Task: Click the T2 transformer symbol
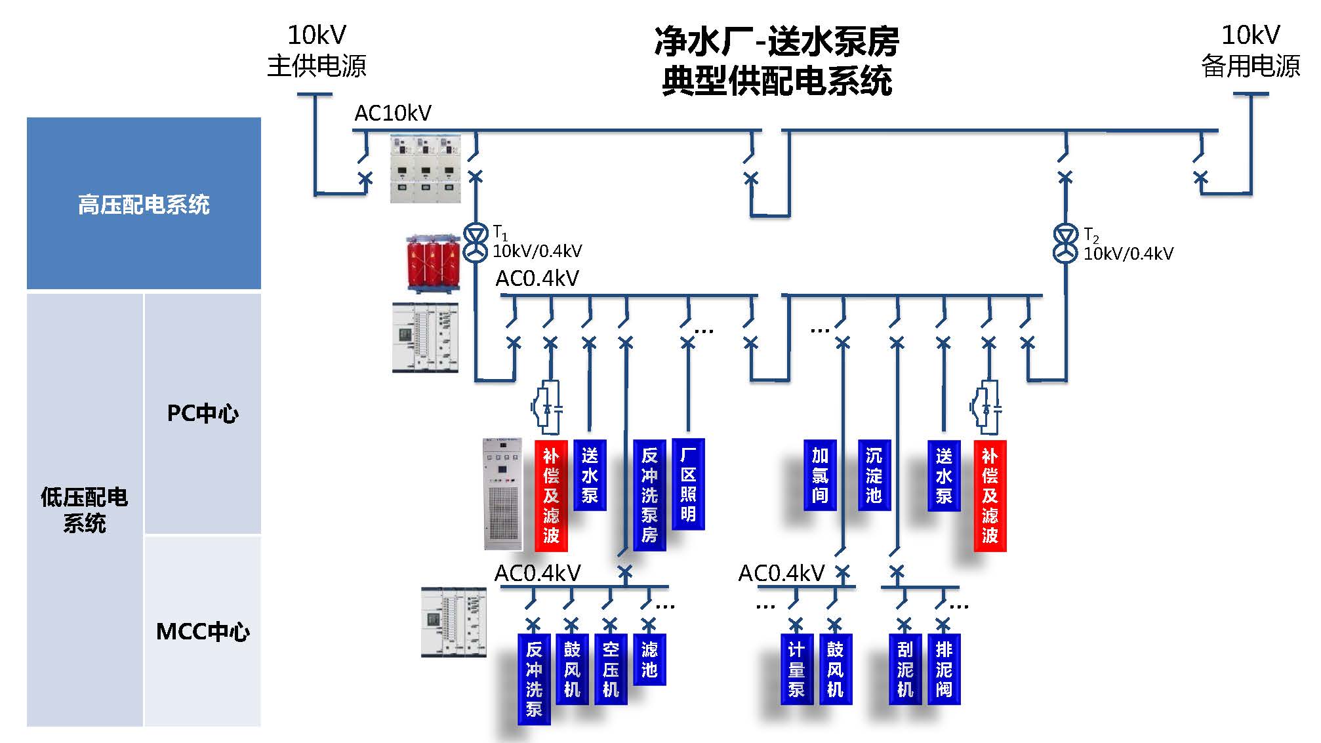tap(1065, 244)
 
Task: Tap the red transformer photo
tap(432, 263)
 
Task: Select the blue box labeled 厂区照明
tap(688, 484)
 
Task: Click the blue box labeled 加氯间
tap(820, 475)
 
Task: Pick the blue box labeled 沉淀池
tap(874, 475)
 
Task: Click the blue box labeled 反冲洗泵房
tap(649, 494)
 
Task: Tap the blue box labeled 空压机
tap(611, 669)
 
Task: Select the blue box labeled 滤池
tap(649, 659)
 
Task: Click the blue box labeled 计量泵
tap(796, 669)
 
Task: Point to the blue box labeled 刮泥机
tap(904, 669)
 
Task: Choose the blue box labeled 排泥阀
tap(943, 669)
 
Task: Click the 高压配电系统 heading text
tap(144, 205)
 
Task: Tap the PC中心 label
tap(202, 413)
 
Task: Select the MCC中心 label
tap(202, 632)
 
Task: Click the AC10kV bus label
tap(392, 113)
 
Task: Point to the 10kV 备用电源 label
tap(1250, 50)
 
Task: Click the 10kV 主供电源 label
tap(316, 50)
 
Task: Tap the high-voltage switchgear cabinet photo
tap(425, 169)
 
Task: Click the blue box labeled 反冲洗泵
tap(534, 679)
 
